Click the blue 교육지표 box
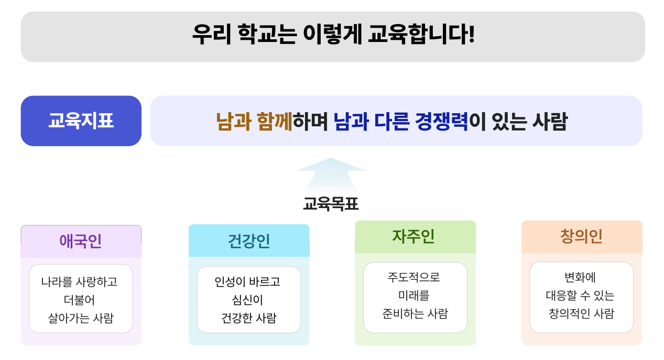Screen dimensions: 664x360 click(x=81, y=121)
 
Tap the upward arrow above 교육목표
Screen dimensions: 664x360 click(x=331, y=173)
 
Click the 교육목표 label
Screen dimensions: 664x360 click(x=331, y=203)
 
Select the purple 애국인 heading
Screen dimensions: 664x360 click(x=81, y=241)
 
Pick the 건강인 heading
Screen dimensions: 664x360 click(x=249, y=241)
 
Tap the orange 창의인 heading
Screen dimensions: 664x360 click(x=581, y=236)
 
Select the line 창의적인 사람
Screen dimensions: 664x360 click(x=581, y=314)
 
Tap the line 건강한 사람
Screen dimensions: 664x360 click(x=248, y=318)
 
